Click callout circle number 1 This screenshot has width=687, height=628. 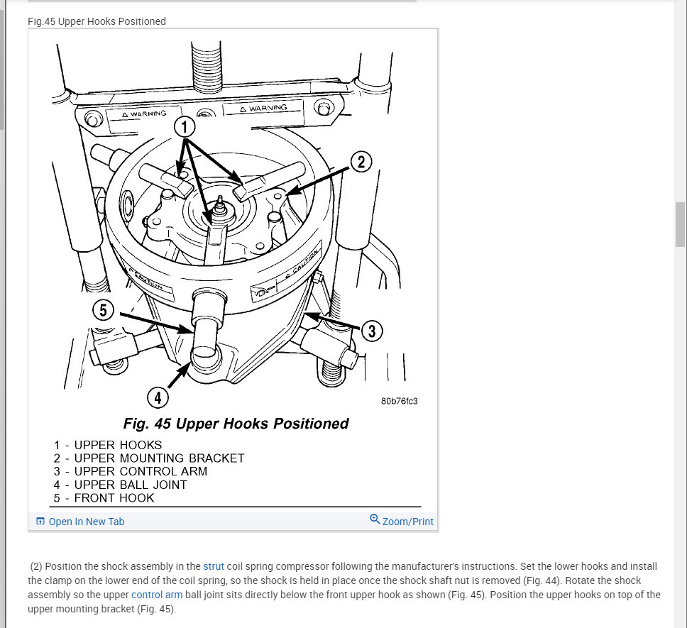pyautogui.click(x=185, y=128)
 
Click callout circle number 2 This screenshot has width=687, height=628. pyautogui.click(x=361, y=162)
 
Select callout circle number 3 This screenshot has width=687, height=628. pyautogui.click(x=372, y=331)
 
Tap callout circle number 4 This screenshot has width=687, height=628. pyautogui.click(x=158, y=397)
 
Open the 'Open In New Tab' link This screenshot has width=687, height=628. pyautogui.click(x=86, y=522)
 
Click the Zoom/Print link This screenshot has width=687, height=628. pyautogui.click(x=407, y=522)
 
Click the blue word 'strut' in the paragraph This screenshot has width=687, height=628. pyautogui.click(x=213, y=566)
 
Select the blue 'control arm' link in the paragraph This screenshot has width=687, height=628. pyautogui.click(x=157, y=595)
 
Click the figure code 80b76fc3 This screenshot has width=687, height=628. pyautogui.click(x=399, y=401)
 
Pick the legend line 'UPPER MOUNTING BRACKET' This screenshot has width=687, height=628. pyautogui.click(x=159, y=458)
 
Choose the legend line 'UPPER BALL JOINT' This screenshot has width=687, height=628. pyautogui.click(x=131, y=485)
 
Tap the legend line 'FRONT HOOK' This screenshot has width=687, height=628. pyautogui.click(x=114, y=498)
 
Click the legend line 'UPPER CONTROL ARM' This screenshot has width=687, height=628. pyautogui.click(x=141, y=471)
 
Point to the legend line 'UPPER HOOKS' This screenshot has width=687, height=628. pyautogui.click(x=118, y=445)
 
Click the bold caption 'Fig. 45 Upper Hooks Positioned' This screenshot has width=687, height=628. pyautogui.click(x=236, y=424)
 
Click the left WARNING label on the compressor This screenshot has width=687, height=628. pyautogui.click(x=145, y=114)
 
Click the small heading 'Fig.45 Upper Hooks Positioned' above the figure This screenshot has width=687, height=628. pyautogui.click(x=97, y=21)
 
